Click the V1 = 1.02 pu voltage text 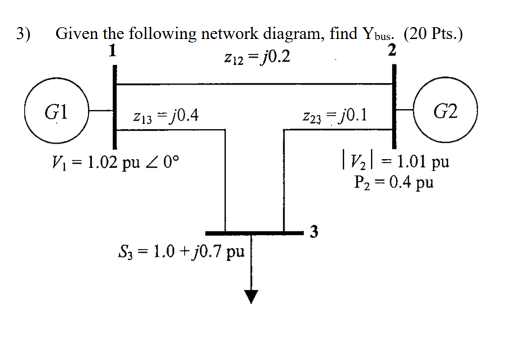point(116,162)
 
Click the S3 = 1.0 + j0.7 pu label point(181,253)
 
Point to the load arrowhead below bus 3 point(251,296)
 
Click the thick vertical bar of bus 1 point(114,104)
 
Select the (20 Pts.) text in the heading point(433,34)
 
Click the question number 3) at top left point(23,34)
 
